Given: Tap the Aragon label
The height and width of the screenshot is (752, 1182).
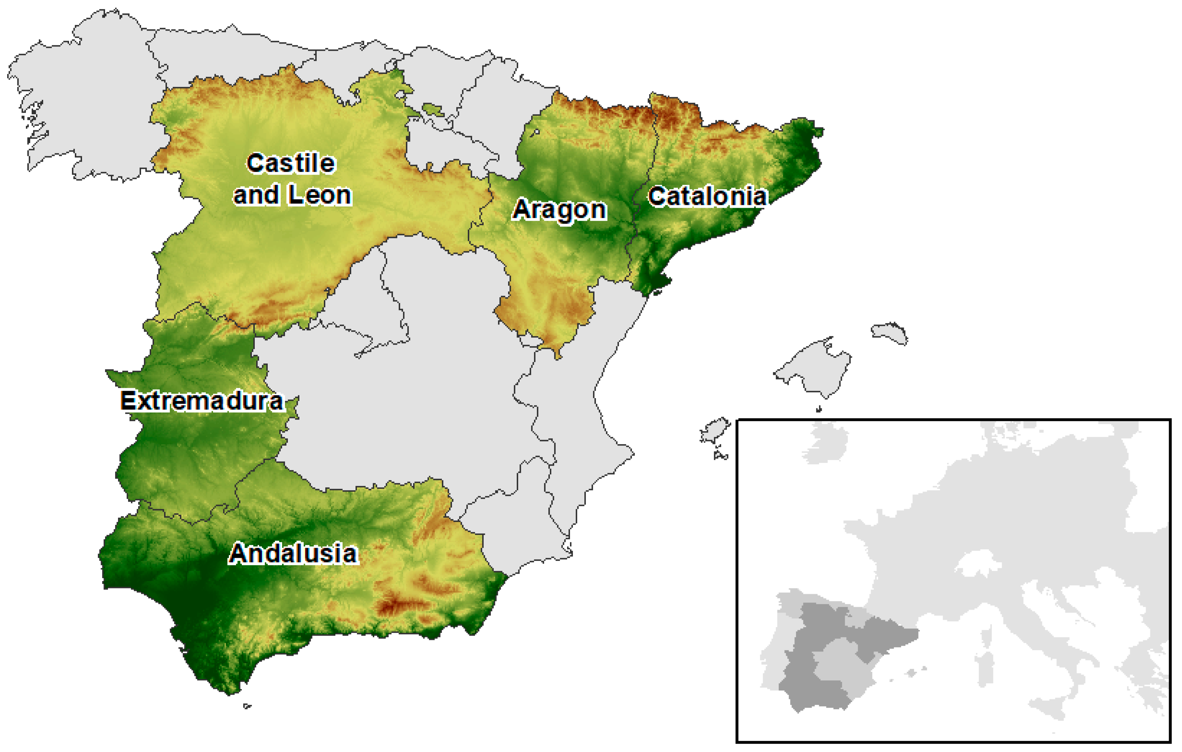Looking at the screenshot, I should (559, 210).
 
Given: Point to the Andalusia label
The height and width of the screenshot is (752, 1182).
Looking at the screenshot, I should (293, 554).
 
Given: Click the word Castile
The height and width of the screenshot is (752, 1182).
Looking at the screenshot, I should (291, 163).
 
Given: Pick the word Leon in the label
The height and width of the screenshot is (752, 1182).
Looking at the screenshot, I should (320, 195).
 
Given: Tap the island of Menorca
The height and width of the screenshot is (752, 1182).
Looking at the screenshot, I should (889, 333).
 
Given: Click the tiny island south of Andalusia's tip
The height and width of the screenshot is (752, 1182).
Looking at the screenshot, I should (247, 706).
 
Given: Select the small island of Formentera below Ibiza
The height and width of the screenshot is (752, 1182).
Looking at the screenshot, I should (721, 456).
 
